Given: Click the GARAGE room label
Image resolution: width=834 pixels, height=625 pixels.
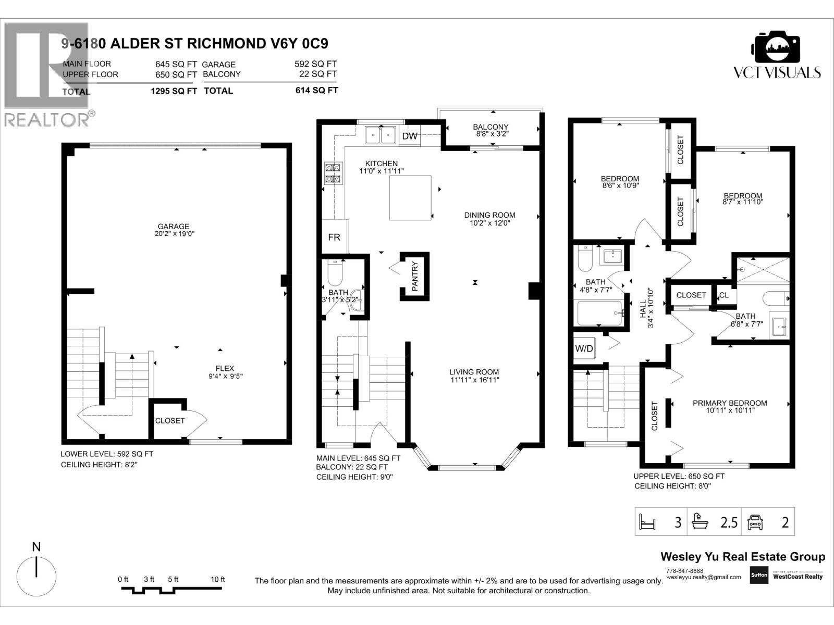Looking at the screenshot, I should click(x=174, y=227).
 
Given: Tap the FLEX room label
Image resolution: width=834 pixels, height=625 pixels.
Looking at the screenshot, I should click(x=225, y=368).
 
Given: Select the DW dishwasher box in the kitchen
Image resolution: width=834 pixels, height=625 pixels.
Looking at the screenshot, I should click(x=410, y=136).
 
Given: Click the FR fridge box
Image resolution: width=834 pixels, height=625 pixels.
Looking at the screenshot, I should click(x=334, y=237).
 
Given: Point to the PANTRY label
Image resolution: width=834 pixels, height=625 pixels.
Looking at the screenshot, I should click(x=415, y=277).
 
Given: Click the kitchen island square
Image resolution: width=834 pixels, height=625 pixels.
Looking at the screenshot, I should click(x=410, y=198).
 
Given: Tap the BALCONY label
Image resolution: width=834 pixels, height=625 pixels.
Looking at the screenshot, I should click(x=490, y=127).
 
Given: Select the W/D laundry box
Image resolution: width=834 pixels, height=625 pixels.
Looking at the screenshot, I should click(x=584, y=348).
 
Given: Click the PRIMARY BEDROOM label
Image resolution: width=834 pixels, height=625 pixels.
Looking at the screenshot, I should click(x=730, y=403).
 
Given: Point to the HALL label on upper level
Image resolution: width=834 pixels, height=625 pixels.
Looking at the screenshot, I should click(x=643, y=308).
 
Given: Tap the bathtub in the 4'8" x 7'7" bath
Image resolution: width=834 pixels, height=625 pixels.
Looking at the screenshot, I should click(x=600, y=313).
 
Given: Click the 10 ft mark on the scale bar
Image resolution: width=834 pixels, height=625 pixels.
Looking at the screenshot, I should click(x=217, y=579).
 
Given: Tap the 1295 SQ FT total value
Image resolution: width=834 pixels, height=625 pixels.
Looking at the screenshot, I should click(x=174, y=91).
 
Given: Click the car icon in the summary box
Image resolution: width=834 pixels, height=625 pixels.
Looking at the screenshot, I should click(x=755, y=522).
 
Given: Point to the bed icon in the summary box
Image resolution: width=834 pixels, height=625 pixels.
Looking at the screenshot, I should click(x=646, y=521).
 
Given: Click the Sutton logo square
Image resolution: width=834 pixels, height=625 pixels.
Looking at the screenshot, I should click(x=758, y=576).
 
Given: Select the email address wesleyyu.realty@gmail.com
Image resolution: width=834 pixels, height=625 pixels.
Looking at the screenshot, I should click(x=703, y=577).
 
